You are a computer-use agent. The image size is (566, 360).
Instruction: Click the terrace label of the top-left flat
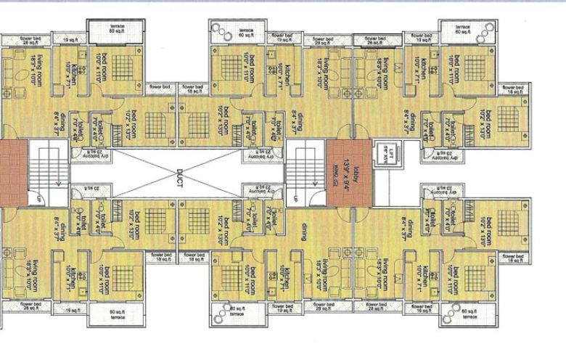pyautogui.click(x=117, y=28)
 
